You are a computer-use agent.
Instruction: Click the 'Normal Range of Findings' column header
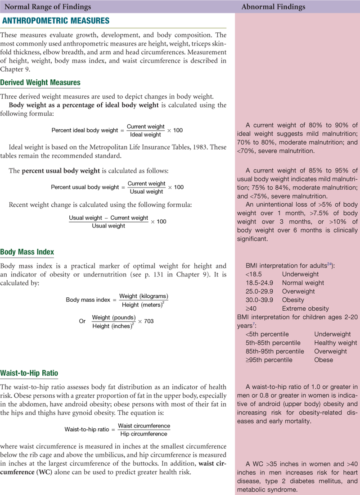pyautogui.click(x=47, y=7)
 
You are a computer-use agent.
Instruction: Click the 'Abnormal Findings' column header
pyautogui.click(x=273, y=7)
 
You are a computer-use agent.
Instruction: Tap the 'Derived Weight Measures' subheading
pyautogui.click(x=40, y=82)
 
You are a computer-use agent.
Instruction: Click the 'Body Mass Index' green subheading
pyautogui.click(x=28, y=252)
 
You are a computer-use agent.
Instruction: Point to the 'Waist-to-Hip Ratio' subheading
pyautogui.click(x=29, y=373)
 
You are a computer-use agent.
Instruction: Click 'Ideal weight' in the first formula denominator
pyautogui.click(x=145, y=135)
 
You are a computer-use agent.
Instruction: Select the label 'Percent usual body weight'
pyautogui.click(x=85, y=187)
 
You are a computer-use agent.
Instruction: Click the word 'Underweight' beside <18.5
pyautogui.click(x=299, y=274)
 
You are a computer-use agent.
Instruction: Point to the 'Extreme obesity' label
pyautogui.click(x=306, y=309)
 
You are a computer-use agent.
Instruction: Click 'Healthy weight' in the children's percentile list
pyautogui.click(x=335, y=343)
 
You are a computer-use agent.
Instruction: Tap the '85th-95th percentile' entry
pyautogui.click(x=274, y=351)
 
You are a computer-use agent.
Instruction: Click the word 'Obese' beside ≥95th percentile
pyautogui.click(x=324, y=360)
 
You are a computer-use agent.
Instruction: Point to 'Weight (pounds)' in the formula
pyautogui.click(x=114, y=317)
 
